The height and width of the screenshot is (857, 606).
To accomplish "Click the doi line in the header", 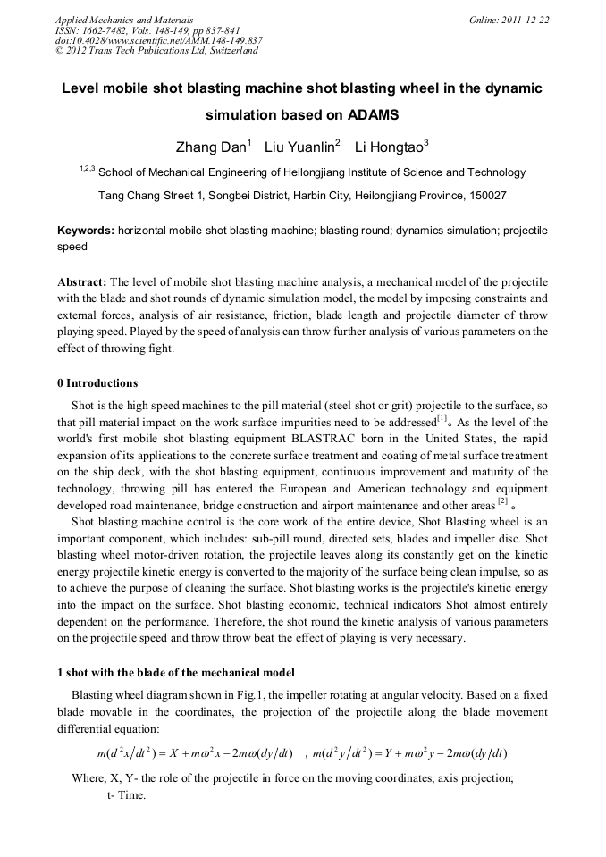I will click(x=158, y=40).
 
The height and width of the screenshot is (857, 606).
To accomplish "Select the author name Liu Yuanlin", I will click(x=299, y=147).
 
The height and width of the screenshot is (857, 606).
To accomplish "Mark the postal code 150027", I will click(x=486, y=195).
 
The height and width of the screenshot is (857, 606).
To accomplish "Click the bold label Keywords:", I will click(x=85, y=231).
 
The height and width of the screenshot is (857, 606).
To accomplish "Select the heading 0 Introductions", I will click(x=97, y=383).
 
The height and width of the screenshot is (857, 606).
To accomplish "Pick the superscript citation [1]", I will click(x=442, y=418).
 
